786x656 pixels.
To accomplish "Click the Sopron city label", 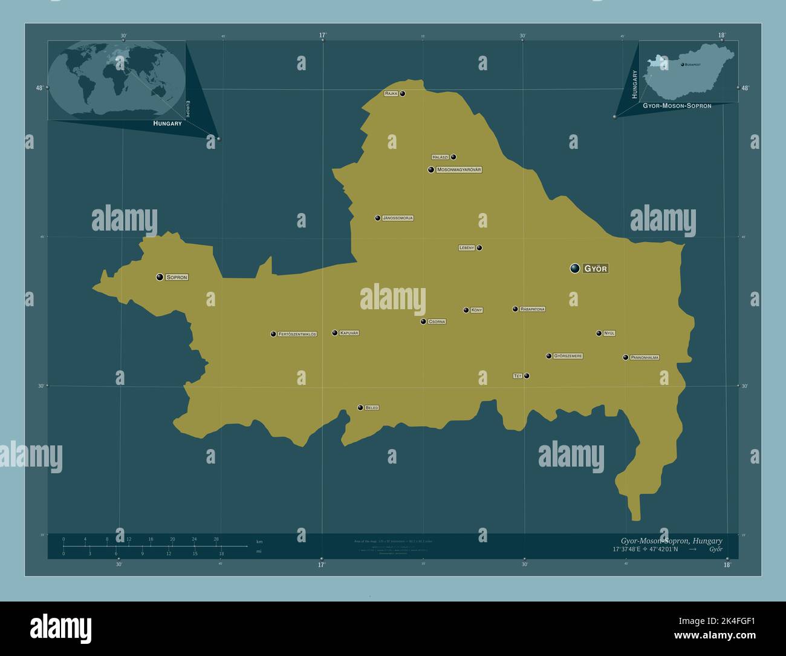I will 177,277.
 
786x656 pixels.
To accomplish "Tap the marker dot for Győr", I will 574,268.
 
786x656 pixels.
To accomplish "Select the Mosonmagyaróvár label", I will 458,170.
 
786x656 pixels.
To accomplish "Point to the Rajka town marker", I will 402,94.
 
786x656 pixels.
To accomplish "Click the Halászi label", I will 440,157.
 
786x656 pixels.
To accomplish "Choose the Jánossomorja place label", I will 398,218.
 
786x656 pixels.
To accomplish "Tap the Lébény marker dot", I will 479,248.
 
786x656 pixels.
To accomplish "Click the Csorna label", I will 437,322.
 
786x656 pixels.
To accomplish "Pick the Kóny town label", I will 476,310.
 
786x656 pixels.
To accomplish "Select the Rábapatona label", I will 532,309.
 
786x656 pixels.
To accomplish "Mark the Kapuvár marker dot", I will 334,333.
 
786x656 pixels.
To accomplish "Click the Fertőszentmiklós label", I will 297,334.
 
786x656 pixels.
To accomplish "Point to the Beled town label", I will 372,408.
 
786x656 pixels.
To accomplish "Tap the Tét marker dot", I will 527,376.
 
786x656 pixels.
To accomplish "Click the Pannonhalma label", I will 645,358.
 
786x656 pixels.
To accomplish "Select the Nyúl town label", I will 609,333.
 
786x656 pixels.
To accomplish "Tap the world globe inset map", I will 117,80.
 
